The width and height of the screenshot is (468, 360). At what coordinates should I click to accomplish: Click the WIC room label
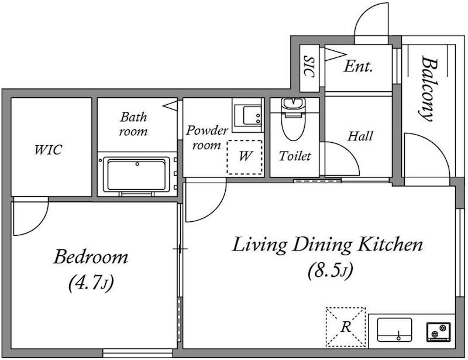click(48, 150)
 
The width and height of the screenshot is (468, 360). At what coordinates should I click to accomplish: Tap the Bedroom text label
click(91, 257)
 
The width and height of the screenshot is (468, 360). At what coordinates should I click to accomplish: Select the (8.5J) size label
click(331, 270)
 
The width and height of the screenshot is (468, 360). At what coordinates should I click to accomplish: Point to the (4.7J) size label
click(91, 283)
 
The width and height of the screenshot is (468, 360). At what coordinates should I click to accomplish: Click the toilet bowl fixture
click(293, 119)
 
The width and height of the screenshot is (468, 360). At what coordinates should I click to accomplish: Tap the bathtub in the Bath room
click(136, 174)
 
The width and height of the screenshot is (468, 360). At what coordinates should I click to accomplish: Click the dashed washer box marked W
click(245, 157)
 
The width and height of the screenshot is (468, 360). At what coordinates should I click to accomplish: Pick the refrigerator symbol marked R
click(346, 327)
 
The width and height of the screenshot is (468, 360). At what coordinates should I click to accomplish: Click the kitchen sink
click(394, 330)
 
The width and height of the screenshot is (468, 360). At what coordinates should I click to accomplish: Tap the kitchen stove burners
click(438, 332)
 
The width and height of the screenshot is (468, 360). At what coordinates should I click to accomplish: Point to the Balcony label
click(426, 89)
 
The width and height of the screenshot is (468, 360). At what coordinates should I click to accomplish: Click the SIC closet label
click(309, 66)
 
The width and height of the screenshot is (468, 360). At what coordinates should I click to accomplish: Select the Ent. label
click(358, 66)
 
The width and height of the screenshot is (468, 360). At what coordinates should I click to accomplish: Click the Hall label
click(360, 136)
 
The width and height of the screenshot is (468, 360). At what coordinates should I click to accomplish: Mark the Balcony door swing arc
click(436, 143)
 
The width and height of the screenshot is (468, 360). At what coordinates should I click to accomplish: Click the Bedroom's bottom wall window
click(138, 353)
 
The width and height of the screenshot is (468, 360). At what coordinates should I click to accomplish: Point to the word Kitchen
click(390, 245)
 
